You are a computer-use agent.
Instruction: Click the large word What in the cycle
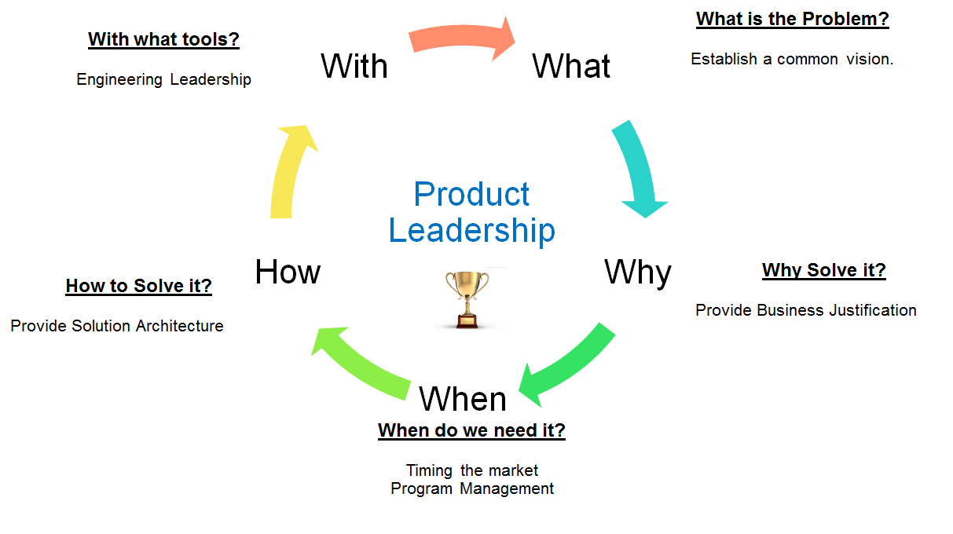tap(571, 66)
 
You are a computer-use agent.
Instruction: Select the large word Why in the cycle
tap(637, 272)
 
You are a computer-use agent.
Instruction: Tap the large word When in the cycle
tap(463, 399)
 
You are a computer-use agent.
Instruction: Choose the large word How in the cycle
tap(288, 272)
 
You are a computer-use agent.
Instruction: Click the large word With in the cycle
tap(354, 66)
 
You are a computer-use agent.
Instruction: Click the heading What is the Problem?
tap(792, 20)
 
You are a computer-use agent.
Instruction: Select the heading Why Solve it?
tap(823, 271)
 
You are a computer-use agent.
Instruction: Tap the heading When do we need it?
tap(471, 430)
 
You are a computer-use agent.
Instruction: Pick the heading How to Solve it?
tap(139, 286)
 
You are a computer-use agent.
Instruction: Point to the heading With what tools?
tap(163, 39)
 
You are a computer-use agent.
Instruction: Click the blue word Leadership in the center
tap(472, 231)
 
